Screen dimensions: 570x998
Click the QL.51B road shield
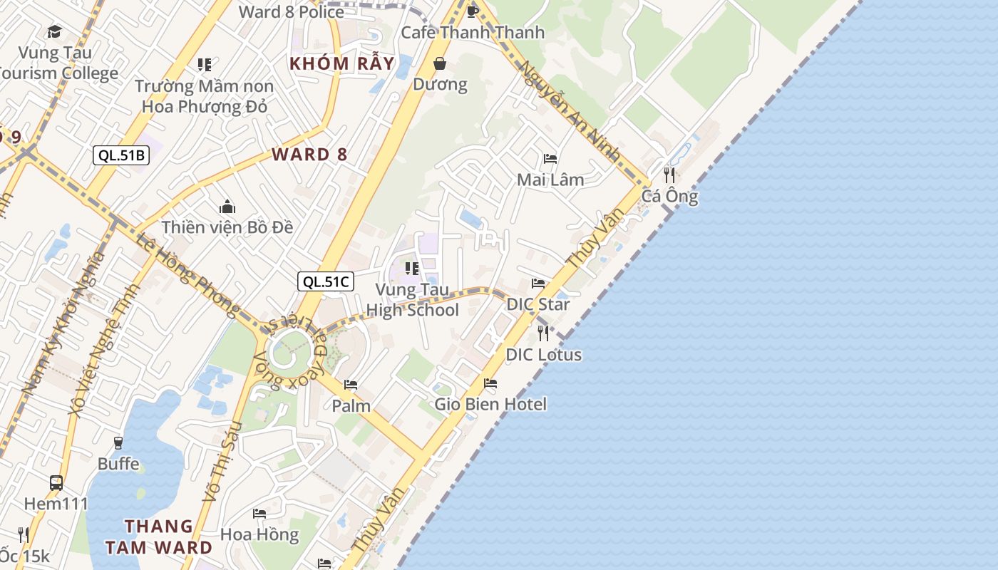(x=121, y=155)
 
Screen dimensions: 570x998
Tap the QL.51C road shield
(x=326, y=281)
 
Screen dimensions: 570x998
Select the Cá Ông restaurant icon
(x=669, y=175)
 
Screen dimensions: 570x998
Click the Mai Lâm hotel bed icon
(x=550, y=158)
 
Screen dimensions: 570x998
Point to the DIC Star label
(x=538, y=304)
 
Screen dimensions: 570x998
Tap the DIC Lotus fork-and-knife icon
(x=543, y=333)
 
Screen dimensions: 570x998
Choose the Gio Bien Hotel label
(x=491, y=404)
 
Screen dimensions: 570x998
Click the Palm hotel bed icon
(x=351, y=385)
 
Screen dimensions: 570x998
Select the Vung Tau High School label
(x=413, y=300)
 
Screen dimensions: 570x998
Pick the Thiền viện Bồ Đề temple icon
(x=227, y=207)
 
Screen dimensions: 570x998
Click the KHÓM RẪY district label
(x=341, y=63)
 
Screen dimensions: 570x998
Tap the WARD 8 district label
(x=310, y=155)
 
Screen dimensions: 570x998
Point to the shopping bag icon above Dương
(x=441, y=63)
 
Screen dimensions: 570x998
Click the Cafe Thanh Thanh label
(x=473, y=32)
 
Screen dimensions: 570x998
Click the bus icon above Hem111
(x=56, y=482)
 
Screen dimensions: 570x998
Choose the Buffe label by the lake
(x=118, y=464)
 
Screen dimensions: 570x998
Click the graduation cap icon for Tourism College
(x=54, y=31)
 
